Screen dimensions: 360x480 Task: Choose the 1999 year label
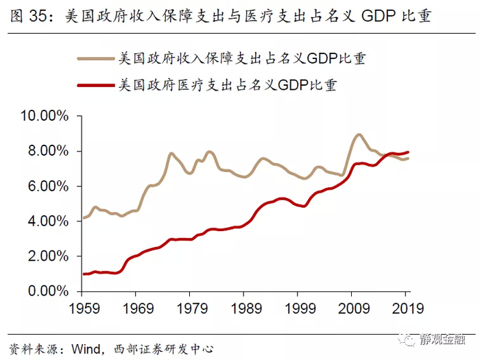coord(298,308)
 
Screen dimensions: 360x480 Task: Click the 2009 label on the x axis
coord(352,308)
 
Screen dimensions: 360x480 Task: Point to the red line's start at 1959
coord(84,274)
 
